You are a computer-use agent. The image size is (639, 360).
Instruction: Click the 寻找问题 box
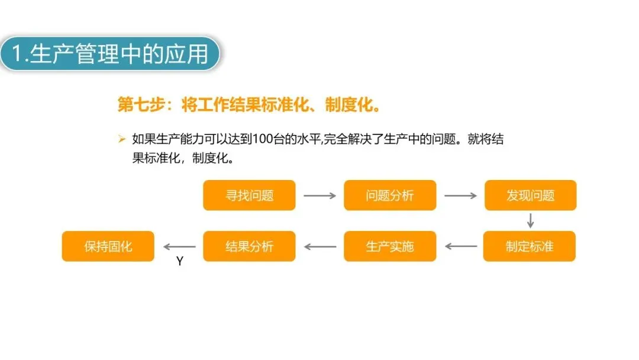tap(249, 195)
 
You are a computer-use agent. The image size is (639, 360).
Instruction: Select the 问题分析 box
tap(390, 195)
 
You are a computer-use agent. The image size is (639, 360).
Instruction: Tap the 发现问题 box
tap(530, 195)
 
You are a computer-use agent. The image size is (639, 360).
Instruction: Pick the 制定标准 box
tap(529, 246)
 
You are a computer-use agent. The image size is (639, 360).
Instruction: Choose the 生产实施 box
tap(390, 246)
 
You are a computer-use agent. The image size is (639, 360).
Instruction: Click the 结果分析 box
tap(249, 246)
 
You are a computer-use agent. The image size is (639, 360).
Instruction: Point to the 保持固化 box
tap(108, 246)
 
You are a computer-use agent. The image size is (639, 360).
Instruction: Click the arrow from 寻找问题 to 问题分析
tap(319, 195)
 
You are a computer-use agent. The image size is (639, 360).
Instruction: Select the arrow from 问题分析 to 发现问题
tap(460, 195)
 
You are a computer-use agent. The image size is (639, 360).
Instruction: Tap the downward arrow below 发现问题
tap(530, 220)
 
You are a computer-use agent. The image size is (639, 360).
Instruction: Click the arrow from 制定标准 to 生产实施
tap(460, 246)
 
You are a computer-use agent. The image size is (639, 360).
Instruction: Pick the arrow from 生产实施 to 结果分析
tap(319, 246)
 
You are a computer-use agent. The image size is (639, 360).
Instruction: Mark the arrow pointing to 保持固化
tap(179, 246)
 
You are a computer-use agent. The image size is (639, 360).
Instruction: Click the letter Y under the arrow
tap(180, 261)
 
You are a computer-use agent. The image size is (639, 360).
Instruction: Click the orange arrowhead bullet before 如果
tap(122, 140)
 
